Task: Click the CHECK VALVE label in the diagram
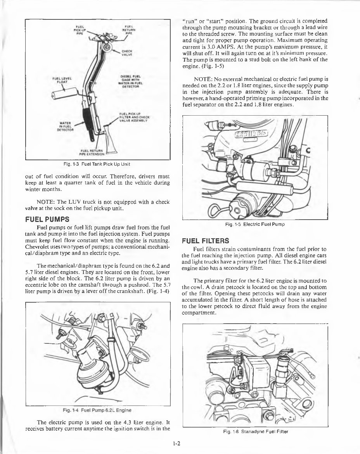point(127,52)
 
